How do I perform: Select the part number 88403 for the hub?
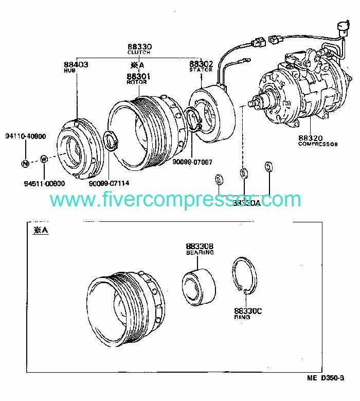(x=76, y=64)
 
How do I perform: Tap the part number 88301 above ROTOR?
(x=138, y=76)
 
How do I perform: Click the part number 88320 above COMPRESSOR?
(x=310, y=138)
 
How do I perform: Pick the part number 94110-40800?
(x=26, y=136)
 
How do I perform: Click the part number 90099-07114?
(x=109, y=183)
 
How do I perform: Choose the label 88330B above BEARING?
(x=200, y=247)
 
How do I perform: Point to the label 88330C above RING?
(x=248, y=311)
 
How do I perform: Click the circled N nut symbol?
(x=25, y=163)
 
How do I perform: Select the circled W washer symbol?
(x=44, y=159)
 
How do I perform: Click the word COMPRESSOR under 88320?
(x=317, y=144)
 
